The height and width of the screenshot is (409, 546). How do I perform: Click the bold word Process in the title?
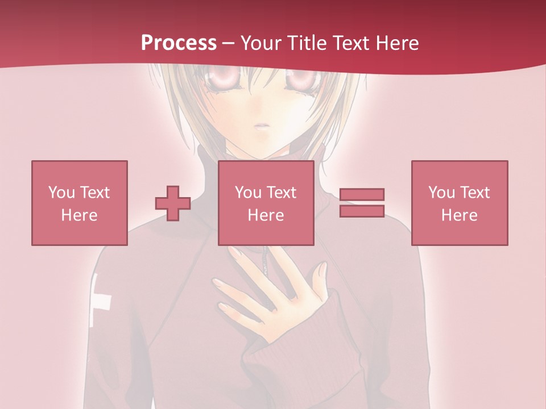(x=179, y=43)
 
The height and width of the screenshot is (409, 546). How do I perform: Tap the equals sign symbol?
(x=362, y=203)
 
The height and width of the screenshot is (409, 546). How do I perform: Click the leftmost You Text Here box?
(x=79, y=203)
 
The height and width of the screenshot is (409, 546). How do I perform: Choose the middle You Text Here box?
(x=266, y=203)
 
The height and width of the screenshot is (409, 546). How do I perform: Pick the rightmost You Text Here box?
(x=459, y=203)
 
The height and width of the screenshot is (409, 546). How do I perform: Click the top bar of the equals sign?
(x=362, y=195)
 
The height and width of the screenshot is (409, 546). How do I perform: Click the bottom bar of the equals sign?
(x=362, y=211)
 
